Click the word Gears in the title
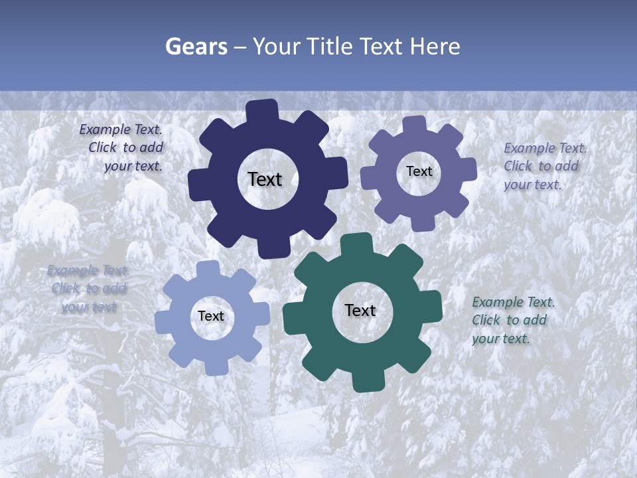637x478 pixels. click(x=196, y=46)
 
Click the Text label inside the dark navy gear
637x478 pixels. click(x=265, y=179)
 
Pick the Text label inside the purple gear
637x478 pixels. click(x=419, y=171)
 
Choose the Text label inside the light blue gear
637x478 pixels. click(x=211, y=317)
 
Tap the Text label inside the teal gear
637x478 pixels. click(x=360, y=311)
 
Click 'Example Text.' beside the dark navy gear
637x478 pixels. click(x=121, y=130)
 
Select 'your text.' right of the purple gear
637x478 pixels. click(x=532, y=185)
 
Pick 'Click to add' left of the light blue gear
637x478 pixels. click(x=89, y=289)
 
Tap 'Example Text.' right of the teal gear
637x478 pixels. click(x=513, y=303)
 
